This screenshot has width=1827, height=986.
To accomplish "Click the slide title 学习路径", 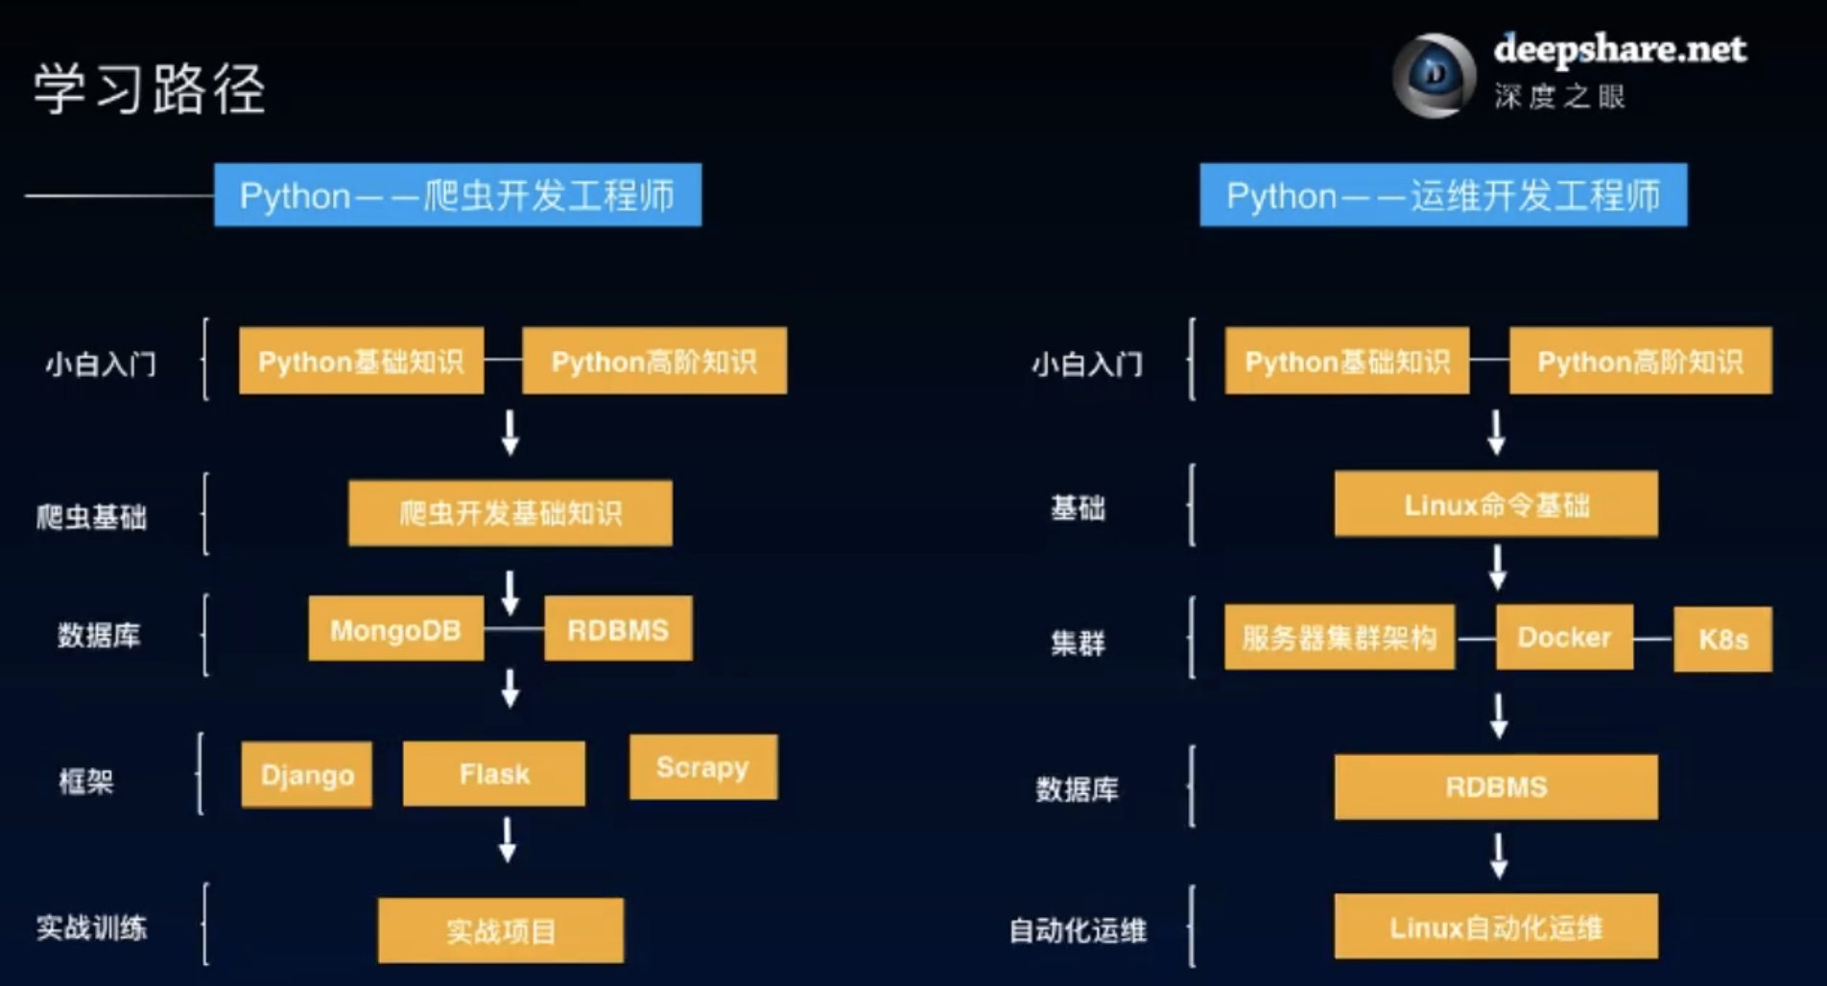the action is pyautogui.click(x=150, y=89).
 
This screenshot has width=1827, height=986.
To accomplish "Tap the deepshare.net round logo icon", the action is pyautogui.click(x=1434, y=76).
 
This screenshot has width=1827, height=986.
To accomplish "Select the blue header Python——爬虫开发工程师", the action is pyautogui.click(x=458, y=196).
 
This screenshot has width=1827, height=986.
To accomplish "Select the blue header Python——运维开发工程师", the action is pyautogui.click(x=1443, y=196).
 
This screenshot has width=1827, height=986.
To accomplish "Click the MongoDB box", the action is pyautogui.click(x=395, y=629).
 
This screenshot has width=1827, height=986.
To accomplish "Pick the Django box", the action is pyautogui.click(x=307, y=774).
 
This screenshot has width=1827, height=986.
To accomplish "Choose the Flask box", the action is pyautogui.click(x=494, y=773).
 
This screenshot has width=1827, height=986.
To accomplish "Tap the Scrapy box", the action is pyautogui.click(x=703, y=767).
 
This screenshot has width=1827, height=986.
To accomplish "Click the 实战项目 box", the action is pyautogui.click(x=501, y=930).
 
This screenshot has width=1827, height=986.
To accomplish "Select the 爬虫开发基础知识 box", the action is pyautogui.click(x=510, y=513).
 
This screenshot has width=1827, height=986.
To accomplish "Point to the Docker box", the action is pyautogui.click(x=1564, y=637).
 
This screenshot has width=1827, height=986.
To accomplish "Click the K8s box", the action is pyautogui.click(x=1723, y=640).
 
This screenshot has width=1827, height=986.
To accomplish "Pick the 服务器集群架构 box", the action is pyautogui.click(x=1340, y=637).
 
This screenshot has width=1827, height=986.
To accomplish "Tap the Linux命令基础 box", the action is pyautogui.click(x=1496, y=505).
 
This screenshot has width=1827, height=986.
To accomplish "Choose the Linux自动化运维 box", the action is pyautogui.click(x=1496, y=927).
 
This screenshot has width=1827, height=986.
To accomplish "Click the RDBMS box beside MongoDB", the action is pyautogui.click(x=618, y=629).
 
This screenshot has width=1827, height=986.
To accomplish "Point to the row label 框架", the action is pyautogui.click(x=86, y=781).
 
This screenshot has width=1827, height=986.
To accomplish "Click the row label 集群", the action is pyautogui.click(x=1078, y=642).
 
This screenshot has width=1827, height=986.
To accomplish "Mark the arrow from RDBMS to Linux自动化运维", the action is pyautogui.click(x=1498, y=856).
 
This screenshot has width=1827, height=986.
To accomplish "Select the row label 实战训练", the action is pyautogui.click(x=92, y=927).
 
